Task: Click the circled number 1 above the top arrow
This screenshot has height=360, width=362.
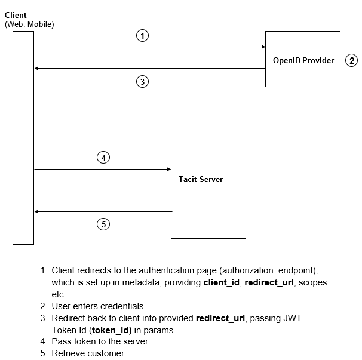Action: pos(142,36)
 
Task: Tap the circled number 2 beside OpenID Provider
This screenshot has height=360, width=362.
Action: pos(352,60)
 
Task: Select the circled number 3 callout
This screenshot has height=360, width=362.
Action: pos(142,82)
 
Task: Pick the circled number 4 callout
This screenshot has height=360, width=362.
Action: pos(103,158)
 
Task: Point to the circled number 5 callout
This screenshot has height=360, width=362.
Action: pos(103,224)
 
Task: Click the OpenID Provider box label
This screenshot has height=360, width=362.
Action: pos(303,60)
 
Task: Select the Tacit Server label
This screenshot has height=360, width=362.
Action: pos(201,179)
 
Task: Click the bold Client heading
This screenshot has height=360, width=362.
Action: pos(16,15)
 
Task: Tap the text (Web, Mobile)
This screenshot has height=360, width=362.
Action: pos(29,24)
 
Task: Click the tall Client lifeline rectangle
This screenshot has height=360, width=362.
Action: pos(23,137)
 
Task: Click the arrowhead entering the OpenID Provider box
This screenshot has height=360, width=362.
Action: pos(262,47)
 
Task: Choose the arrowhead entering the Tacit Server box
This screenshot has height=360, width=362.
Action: pos(168,170)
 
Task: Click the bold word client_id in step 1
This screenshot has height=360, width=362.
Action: pos(222,282)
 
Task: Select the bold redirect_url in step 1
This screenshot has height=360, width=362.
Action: pos(269,282)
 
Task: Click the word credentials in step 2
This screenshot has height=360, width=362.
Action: pos(124,306)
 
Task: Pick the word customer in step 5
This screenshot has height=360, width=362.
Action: pos(106,353)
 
